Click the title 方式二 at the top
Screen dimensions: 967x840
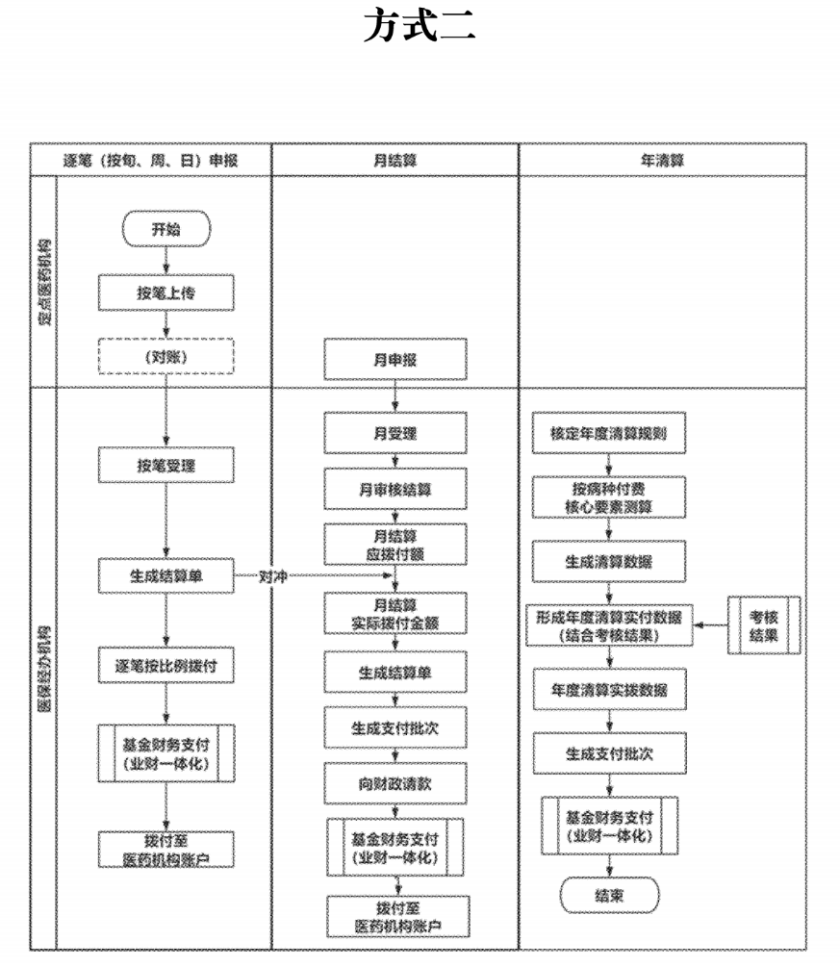pyautogui.click(x=419, y=25)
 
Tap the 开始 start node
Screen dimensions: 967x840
pyautogui.click(x=165, y=229)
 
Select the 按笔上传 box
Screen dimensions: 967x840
pyautogui.click(x=165, y=293)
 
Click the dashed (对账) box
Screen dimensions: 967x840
pyautogui.click(x=165, y=357)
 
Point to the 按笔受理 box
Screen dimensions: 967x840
pyautogui.click(x=165, y=466)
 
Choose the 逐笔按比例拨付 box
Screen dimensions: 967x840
pyautogui.click(x=165, y=665)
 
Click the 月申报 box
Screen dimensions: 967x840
pyautogui.click(x=395, y=358)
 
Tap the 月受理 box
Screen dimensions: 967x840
pyautogui.click(x=395, y=434)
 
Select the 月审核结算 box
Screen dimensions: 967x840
pyautogui.click(x=395, y=489)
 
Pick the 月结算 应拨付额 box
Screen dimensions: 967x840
pyautogui.click(x=395, y=545)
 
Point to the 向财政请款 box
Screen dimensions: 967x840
pyautogui.click(x=395, y=783)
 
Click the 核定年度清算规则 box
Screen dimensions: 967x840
pyautogui.click(x=608, y=434)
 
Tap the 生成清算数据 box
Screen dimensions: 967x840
pyautogui.click(x=608, y=561)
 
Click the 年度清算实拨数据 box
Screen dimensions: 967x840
pyautogui.click(x=608, y=689)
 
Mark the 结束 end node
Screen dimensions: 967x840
pyautogui.click(x=608, y=895)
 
